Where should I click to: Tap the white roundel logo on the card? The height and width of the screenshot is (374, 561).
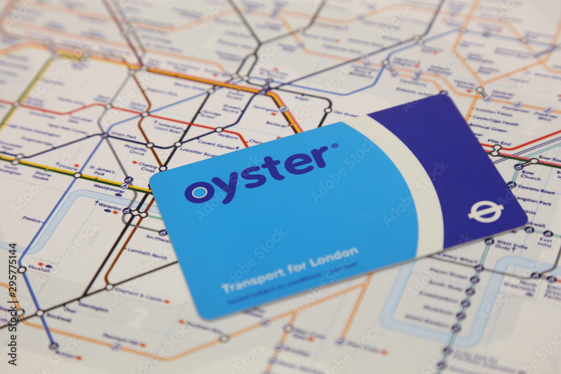(x=486, y=211)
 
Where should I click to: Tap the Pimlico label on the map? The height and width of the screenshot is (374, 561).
(x=33, y=219)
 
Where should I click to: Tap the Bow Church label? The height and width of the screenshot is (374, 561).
(x=530, y=175)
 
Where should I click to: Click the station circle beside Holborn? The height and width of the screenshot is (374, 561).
(x=219, y=130)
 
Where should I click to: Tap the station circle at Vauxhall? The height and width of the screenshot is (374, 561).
(x=22, y=270)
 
